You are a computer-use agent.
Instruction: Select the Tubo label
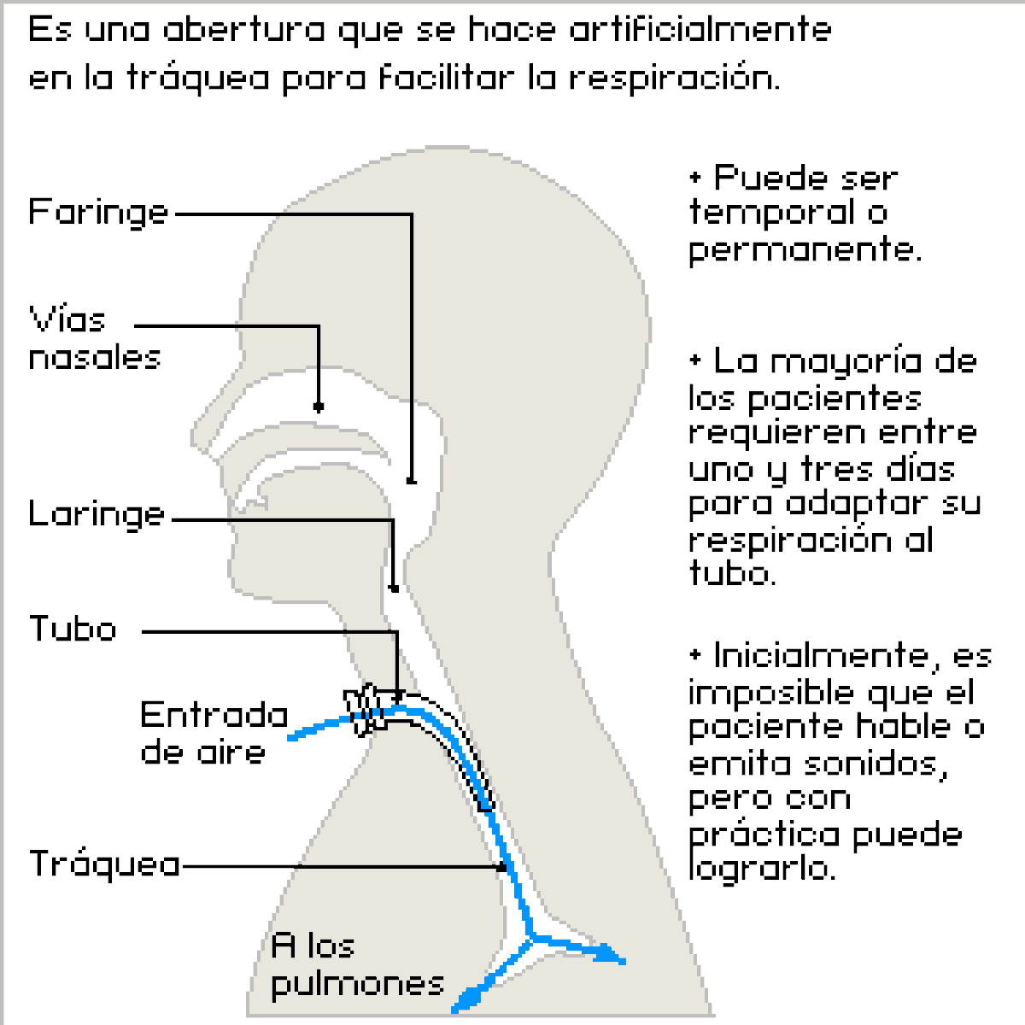click(73, 630)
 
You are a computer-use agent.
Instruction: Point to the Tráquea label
click(105, 864)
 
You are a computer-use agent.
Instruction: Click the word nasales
click(95, 357)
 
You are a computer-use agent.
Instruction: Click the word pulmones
click(357, 984)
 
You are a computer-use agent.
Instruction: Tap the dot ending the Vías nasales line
click(319, 407)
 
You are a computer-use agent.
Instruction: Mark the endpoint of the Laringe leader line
click(394, 588)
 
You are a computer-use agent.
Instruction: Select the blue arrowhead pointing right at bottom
click(613, 955)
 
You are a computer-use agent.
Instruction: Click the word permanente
click(805, 250)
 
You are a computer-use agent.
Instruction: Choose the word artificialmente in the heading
click(700, 30)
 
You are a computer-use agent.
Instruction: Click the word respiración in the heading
click(673, 79)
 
